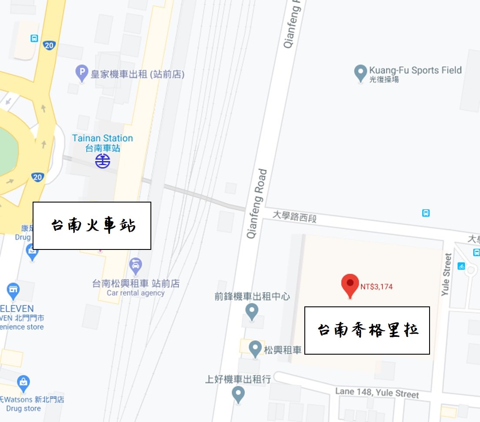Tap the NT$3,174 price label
coord(377,287)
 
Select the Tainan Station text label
coord(103,139)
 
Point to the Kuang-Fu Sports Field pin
coord(360,73)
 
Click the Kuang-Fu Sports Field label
coord(415,70)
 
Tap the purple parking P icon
coord(82,73)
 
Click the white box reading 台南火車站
coord(92,226)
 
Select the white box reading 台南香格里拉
coord(367,330)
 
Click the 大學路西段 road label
coord(294,216)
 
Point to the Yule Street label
coord(447,274)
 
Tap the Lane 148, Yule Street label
coord(377,392)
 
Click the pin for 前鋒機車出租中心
coord(252,311)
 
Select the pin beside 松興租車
coord(255,348)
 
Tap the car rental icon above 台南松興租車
coord(136,265)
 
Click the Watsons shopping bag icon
coord(23,382)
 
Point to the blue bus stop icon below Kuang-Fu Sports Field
coord(426,213)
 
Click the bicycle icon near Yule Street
coord(461,266)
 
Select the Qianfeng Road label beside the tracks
coord(257,203)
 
